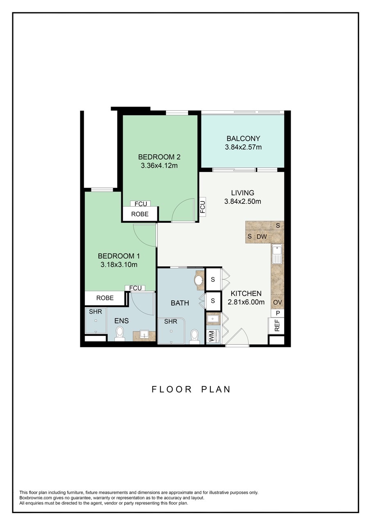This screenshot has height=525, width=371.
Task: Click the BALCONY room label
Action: point(243,138)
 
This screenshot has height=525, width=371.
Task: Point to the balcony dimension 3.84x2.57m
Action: point(243,147)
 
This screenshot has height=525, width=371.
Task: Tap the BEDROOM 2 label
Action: point(159,157)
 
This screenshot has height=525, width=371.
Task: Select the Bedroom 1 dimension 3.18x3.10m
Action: point(118,265)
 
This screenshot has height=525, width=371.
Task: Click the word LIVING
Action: point(242,192)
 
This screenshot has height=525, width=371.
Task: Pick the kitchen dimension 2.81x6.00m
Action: point(246,302)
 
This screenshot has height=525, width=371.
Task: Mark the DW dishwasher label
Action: point(262,237)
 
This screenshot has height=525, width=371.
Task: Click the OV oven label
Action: point(278,302)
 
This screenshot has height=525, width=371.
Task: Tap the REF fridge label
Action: point(277,325)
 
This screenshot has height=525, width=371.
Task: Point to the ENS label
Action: point(121,321)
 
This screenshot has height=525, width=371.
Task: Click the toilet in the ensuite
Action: point(120,333)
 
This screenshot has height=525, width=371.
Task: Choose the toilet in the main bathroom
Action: point(195,336)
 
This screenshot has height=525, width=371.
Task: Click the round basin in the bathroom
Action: point(199,281)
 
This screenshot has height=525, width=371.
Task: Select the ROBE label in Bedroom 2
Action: point(139,214)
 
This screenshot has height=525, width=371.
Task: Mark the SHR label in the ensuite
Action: point(95,311)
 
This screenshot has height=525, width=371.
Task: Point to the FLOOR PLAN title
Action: point(191,389)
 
